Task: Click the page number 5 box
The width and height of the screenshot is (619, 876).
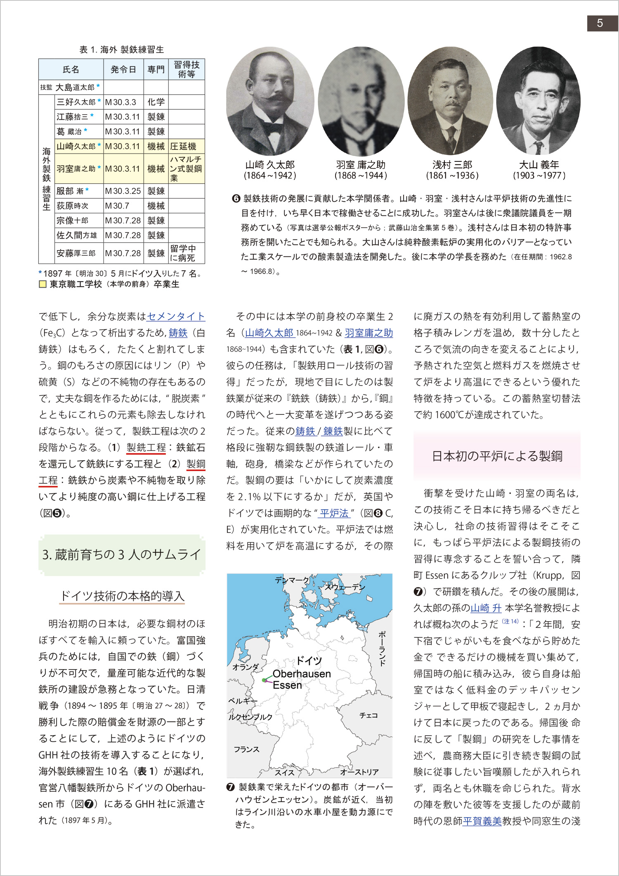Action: pos(600,24)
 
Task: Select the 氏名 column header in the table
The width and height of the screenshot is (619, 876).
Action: pos(71,69)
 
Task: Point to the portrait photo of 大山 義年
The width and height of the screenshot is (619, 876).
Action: pos(538,101)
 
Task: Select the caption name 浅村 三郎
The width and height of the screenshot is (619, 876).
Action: pos(452,165)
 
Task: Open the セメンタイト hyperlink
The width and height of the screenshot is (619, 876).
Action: pos(176,316)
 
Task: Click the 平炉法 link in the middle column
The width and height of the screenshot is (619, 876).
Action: pos(334,513)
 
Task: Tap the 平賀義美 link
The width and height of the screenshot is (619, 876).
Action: pos(482,821)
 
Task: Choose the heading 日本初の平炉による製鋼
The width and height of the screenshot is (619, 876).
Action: pos(497,456)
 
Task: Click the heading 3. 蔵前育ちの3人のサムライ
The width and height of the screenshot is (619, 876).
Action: pos(122,555)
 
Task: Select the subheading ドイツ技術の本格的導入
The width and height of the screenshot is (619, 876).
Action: pos(122,596)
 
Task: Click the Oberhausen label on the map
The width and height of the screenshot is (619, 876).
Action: pos(302,674)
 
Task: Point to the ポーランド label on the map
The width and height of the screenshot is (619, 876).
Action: pos(382,648)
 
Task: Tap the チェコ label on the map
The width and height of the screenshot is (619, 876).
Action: pos(368,715)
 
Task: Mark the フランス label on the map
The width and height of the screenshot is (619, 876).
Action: pos(246,749)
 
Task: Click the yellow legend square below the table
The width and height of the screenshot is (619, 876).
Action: pos(43,284)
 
